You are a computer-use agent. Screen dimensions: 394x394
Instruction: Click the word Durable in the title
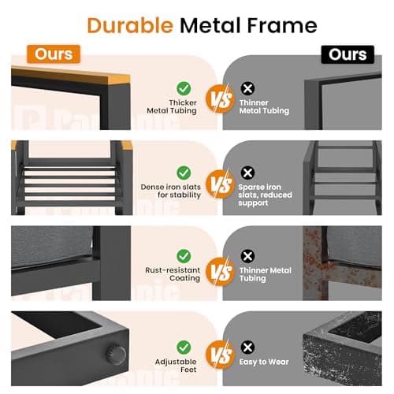click(130, 25)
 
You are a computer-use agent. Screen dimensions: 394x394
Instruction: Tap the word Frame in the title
click(282, 25)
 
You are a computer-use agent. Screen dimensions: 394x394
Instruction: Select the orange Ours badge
click(54, 54)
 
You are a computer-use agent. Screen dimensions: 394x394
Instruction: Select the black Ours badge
click(348, 54)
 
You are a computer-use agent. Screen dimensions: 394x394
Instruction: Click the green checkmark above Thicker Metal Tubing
click(184, 88)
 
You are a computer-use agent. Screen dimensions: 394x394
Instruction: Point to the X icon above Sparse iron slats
click(247, 173)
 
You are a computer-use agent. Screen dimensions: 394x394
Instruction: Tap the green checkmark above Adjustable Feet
click(184, 348)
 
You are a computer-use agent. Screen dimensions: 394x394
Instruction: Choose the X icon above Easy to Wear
click(247, 348)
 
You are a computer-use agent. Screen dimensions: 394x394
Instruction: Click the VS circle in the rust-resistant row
click(220, 271)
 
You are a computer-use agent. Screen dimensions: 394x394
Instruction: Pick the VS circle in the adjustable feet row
click(220, 355)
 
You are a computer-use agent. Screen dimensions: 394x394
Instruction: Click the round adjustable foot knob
click(116, 355)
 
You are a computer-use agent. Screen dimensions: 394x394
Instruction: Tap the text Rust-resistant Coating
click(173, 274)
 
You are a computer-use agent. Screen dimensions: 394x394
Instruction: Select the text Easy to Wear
click(264, 362)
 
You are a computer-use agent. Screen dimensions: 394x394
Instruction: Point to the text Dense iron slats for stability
click(171, 191)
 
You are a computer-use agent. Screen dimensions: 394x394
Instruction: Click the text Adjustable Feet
click(176, 366)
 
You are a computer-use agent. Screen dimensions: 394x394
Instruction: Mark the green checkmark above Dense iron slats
click(184, 173)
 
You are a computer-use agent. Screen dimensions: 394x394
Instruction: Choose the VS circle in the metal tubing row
click(220, 99)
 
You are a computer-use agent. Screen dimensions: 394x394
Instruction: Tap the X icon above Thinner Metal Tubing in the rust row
click(247, 256)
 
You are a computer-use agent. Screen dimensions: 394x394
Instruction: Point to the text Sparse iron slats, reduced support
click(265, 195)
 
